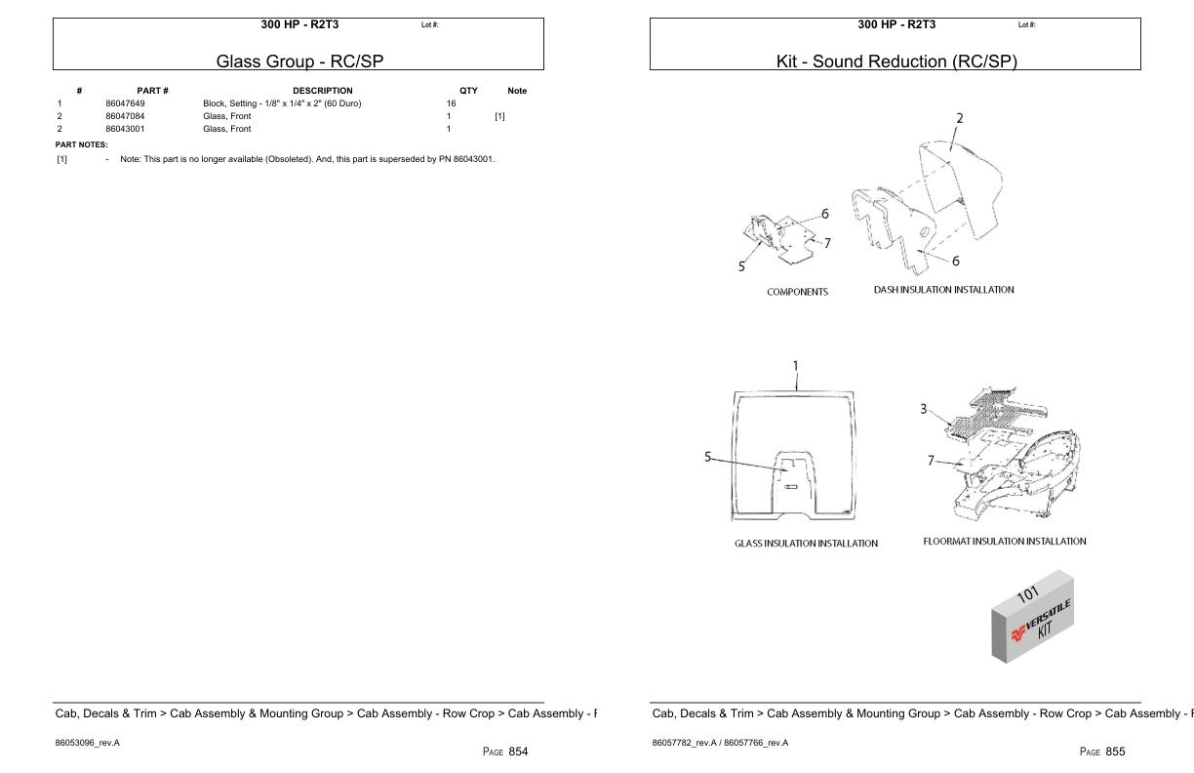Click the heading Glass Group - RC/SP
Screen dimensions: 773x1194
click(x=299, y=61)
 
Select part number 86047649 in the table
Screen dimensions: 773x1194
click(x=125, y=103)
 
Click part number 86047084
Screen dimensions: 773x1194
click(x=125, y=116)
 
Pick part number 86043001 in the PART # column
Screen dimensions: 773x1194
click(x=125, y=129)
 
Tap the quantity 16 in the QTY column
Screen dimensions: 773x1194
click(x=451, y=103)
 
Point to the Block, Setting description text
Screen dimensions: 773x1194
click(x=281, y=103)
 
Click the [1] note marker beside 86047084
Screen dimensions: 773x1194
click(x=499, y=116)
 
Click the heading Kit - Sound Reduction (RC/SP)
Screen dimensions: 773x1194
click(x=895, y=61)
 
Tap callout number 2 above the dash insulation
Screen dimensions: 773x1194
click(x=959, y=118)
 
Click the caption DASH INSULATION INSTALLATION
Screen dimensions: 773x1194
click(x=943, y=290)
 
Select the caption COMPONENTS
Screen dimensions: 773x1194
click(x=797, y=292)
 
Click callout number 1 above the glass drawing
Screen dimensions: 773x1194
click(x=795, y=367)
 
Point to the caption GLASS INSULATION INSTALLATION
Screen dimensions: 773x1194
click(x=806, y=544)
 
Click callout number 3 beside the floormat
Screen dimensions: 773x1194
click(x=923, y=409)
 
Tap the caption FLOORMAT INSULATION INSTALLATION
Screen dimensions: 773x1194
click(x=1004, y=541)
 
